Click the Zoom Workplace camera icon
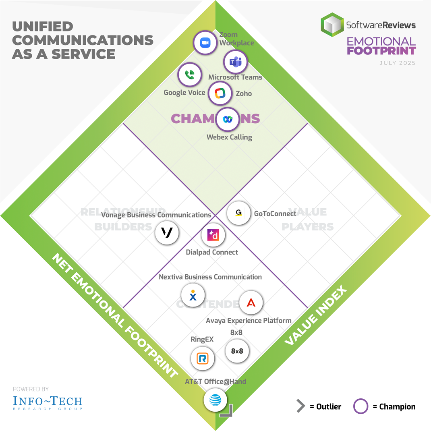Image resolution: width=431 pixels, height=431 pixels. pyautogui.click(x=205, y=42)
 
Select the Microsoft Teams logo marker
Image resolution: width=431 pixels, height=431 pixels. pyautogui.click(x=235, y=62)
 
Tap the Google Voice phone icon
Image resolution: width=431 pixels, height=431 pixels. pyautogui.click(x=190, y=75)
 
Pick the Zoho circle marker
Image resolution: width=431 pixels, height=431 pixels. pyautogui.click(x=220, y=93)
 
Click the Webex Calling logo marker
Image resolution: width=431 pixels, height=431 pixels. pyautogui.click(x=228, y=119)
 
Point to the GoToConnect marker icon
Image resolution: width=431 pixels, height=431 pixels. pyautogui.click(x=239, y=213)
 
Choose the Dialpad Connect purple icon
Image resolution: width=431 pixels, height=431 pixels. pyautogui.click(x=213, y=235)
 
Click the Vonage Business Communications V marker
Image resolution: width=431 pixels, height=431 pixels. pyautogui.click(x=167, y=232)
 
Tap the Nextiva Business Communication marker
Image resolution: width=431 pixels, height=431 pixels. pyautogui.click(x=193, y=295)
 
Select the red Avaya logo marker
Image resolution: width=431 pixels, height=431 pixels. pyautogui.click(x=251, y=303)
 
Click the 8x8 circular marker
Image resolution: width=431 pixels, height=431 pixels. pyautogui.click(x=237, y=351)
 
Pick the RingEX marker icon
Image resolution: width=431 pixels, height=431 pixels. pyautogui.click(x=202, y=358)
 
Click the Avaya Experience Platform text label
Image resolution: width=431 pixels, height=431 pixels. pyautogui.click(x=249, y=321)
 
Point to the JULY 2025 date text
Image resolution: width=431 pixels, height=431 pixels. pyautogui.click(x=397, y=63)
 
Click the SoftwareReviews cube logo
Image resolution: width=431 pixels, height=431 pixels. pyautogui.click(x=332, y=25)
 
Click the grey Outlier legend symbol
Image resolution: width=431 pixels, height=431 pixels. pyautogui.click(x=300, y=406)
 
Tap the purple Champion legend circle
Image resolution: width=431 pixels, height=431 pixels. pyautogui.click(x=361, y=406)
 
